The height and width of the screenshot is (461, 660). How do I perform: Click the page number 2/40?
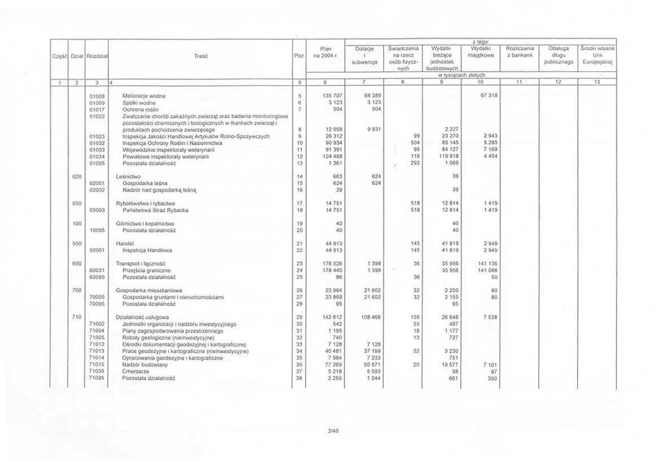click(330, 430)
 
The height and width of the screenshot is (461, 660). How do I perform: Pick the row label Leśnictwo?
click(128, 176)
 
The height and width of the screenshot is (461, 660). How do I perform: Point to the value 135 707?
click(327, 96)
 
